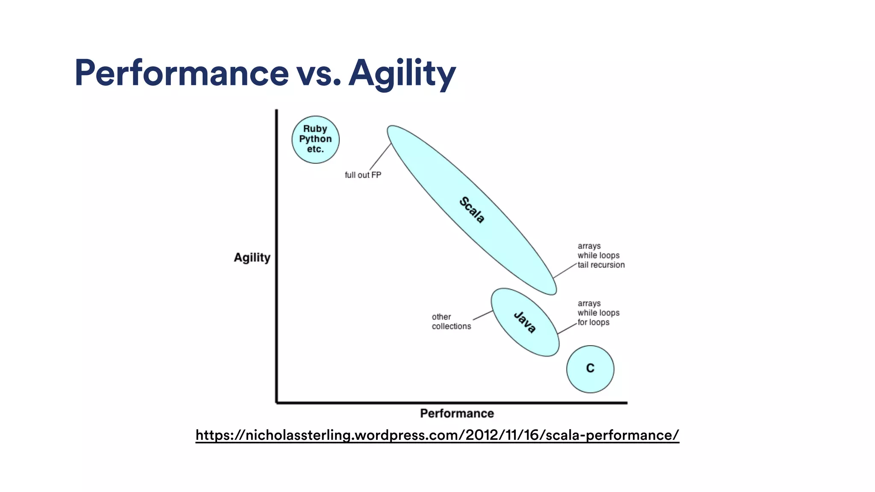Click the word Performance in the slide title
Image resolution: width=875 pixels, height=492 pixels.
tap(182, 73)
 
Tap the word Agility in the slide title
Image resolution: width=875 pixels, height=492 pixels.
tap(402, 73)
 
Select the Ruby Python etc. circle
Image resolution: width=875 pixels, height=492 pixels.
tap(315, 140)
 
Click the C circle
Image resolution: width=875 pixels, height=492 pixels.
tap(590, 369)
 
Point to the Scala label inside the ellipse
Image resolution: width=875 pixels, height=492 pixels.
tap(472, 210)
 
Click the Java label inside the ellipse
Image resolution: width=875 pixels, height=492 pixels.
tap(525, 322)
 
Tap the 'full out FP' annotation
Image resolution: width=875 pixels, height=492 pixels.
tap(363, 175)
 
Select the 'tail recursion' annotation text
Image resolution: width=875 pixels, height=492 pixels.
tap(601, 265)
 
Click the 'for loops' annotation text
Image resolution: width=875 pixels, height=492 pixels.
tap(593, 322)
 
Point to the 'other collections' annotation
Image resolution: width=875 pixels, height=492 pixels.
tap(451, 322)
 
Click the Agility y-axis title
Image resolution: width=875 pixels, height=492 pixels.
tap(252, 258)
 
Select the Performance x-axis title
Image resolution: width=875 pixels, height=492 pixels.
tap(457, 413)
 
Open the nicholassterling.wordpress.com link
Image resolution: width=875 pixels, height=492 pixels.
tap(437, 435)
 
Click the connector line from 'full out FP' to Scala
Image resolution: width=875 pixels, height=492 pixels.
tap(380, 157)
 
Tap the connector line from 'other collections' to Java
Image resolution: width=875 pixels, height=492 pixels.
tap(483, 315)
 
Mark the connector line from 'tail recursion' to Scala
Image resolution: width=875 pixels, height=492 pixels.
tap(565, 271)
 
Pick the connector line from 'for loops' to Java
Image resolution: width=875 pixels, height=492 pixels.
tap(567, 328)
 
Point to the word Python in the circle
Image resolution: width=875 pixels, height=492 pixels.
tap(315, 139)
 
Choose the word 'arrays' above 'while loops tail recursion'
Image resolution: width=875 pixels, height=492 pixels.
tap(589, 246)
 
